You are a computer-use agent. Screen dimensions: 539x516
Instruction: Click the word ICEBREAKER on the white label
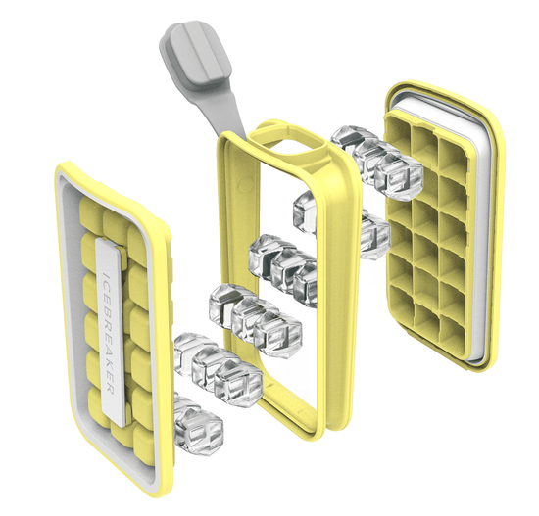109,333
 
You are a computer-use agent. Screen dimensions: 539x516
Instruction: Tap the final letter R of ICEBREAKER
111,389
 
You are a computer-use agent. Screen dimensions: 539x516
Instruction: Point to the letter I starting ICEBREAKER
106,274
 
